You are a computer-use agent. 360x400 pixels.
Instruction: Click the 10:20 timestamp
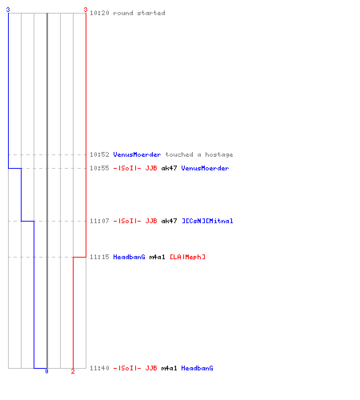(99, 13)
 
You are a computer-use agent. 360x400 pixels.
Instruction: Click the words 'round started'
(139, 13)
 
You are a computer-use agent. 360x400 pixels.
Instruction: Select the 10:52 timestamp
(99, 154)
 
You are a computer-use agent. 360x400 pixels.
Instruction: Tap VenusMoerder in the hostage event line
(137, 154)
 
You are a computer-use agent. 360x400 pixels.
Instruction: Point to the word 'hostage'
(218, 154)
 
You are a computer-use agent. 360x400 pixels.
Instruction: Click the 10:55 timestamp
(99, 168)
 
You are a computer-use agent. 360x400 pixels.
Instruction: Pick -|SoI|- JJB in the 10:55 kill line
(135, 168)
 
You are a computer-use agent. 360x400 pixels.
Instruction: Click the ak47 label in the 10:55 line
(169, 168)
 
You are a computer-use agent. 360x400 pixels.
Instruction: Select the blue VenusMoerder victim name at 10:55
(205, 168)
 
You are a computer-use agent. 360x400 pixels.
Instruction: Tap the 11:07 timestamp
(99, 221)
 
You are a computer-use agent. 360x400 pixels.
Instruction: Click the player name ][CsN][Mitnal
(207, 221)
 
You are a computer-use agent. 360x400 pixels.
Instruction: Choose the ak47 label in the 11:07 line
(169, 221)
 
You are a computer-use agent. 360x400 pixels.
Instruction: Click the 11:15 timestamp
(99, 257)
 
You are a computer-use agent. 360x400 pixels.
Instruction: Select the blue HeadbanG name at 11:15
(129, 257)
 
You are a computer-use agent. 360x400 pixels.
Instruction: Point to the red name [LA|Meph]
(187, 257)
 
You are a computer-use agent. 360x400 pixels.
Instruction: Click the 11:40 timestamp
(99, 368)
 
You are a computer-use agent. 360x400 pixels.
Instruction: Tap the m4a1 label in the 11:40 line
(169, 368)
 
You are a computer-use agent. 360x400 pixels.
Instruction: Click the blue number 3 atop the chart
(8, 10)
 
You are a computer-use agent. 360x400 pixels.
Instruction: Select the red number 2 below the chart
(73, 371)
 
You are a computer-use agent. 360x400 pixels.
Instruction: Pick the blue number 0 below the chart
(46, 371)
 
